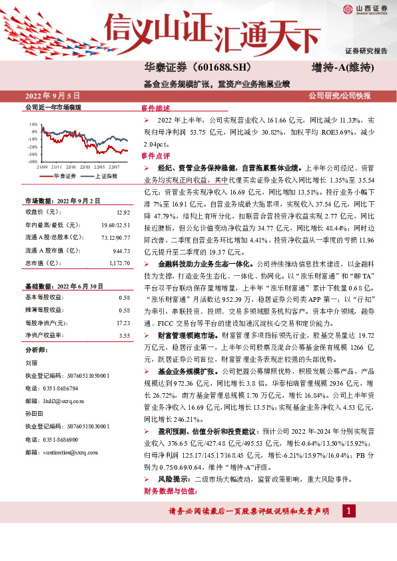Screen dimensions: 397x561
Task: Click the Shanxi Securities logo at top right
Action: point(364,9)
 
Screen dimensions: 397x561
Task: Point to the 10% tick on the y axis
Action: point(33,125)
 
